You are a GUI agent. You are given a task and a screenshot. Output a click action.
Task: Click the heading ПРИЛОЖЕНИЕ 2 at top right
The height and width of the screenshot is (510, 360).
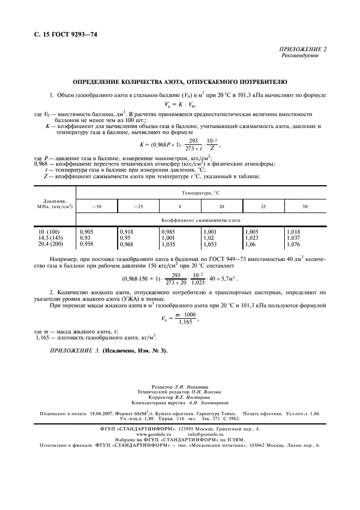click(303, 50)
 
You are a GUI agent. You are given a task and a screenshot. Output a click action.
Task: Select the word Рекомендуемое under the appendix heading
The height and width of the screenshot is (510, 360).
click(300, 56)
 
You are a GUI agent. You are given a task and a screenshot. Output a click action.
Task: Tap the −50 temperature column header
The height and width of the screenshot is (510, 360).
click(96, 207)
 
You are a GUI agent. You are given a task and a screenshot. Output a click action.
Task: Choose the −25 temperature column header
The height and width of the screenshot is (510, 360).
click(138, 207)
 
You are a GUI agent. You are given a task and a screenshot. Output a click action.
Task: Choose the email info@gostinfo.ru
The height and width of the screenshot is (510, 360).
click(206, 434)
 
